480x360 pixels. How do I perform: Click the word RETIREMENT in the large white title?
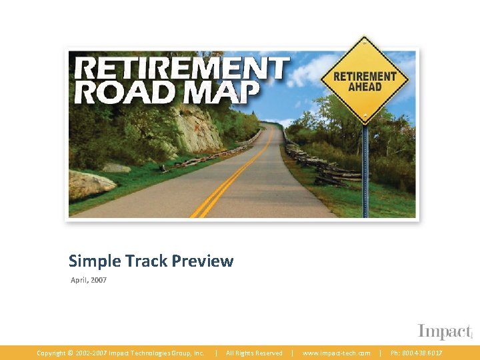point(182,69)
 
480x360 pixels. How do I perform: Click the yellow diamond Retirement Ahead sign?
point(364,81)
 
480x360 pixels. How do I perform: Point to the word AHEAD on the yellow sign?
point(365,87)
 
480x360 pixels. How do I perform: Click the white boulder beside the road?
point(91,183)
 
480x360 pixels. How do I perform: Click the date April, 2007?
point(89,280)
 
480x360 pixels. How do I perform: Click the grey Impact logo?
point(445,331)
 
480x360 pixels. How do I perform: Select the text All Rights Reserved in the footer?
point(254,353)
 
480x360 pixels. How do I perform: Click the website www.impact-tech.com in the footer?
point(337,353)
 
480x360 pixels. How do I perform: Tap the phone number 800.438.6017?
point(423,353)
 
